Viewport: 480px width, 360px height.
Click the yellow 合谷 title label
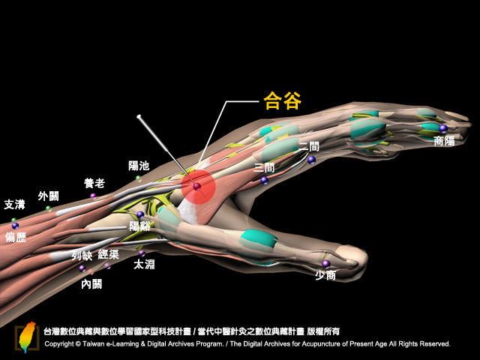click(282, 100)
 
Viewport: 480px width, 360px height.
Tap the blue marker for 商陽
click(443, 128)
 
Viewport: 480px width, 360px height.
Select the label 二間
click(308, 147)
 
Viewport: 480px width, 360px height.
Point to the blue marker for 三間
click(264, 181)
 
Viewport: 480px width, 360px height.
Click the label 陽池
click(139, 166)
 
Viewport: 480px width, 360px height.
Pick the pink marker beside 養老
click(93, 196)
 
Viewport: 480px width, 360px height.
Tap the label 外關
click(48, 196)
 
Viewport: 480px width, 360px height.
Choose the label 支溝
click(14, 205)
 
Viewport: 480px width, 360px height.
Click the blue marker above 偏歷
click(15, 226)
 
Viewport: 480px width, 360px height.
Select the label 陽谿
click(139, 226)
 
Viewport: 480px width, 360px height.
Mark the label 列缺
click(82, 255)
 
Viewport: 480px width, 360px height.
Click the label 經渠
click(108, 254)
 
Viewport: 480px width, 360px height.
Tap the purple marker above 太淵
click(142, 253)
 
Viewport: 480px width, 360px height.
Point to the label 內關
click(91, 284)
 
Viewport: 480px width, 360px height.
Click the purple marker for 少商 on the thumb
click(326, 263)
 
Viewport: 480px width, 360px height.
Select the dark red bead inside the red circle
click(196, 186)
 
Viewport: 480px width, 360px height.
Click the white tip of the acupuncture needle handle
click(139, 116)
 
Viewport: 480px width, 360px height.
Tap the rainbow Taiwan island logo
click(27, 337)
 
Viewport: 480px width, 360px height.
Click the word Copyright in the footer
click(59, 343)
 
